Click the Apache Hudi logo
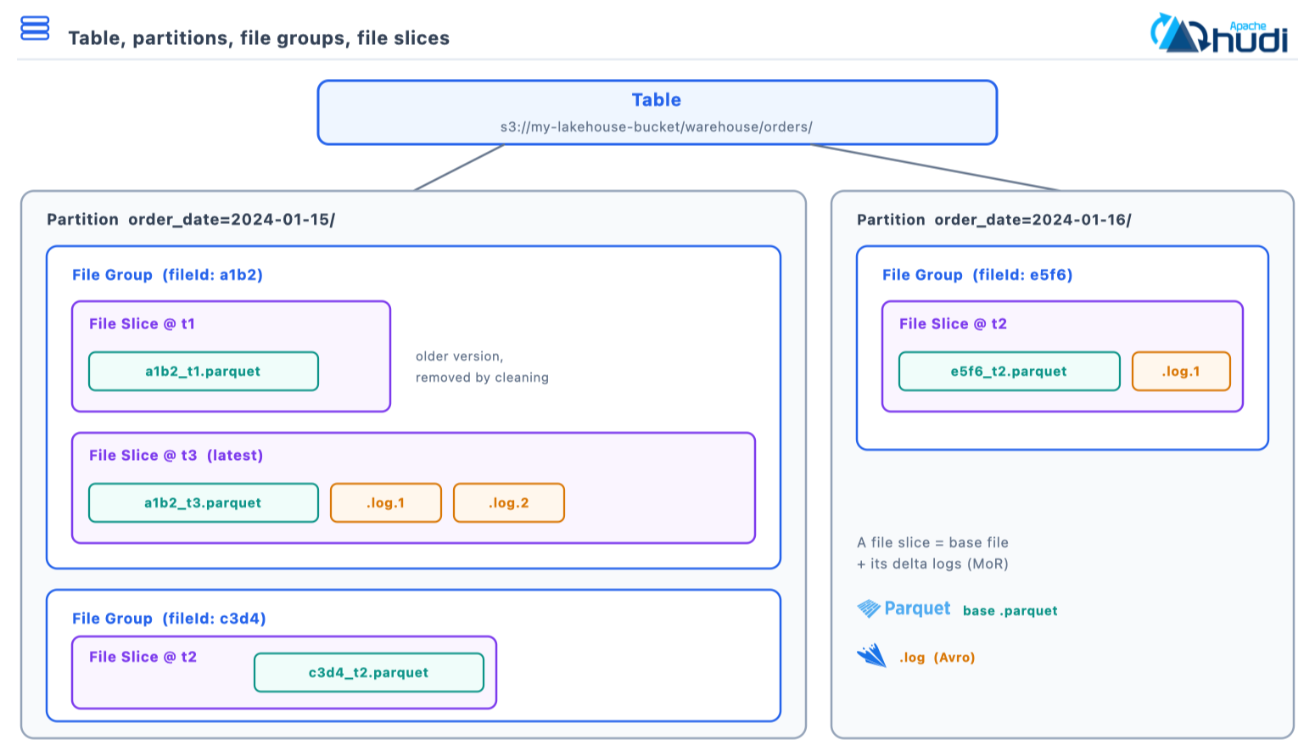coord(1219,33)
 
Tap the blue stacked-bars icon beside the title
coord(35,28)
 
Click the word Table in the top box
coord(657,100)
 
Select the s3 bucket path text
coord(657,126)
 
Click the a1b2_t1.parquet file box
coord(204,371)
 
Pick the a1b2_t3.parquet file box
coord(204,502)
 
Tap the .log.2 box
coord(509,502)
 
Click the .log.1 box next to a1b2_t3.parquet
coord(386,502)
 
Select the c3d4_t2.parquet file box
coord(369,672)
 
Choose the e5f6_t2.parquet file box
coord(1009,371)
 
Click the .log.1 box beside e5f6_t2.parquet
coord(1181,371)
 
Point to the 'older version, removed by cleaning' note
coord(482,367)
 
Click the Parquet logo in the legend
coord(904,609)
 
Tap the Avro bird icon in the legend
coord(872,655)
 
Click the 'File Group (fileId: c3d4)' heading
coord(169,619)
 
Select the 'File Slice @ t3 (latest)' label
coord(176,455)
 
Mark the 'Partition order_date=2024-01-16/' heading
coord(993,220)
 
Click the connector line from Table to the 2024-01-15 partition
coord(459,167)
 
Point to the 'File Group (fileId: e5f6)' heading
coord(977,275)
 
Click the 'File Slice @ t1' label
coord(142,323)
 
